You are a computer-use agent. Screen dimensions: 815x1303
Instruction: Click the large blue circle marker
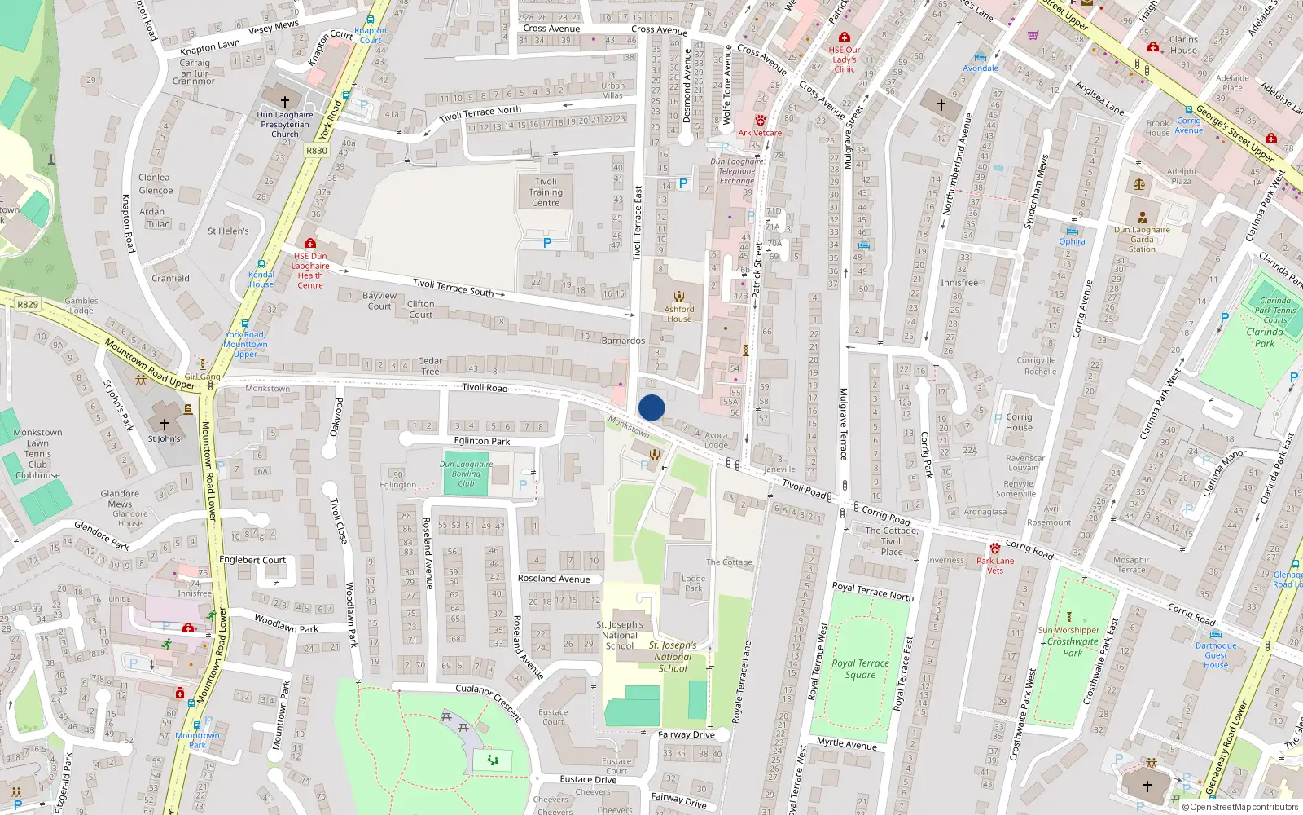click(x=651, y=407)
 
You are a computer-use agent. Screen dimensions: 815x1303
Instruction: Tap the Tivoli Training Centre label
click(x=546, y=192)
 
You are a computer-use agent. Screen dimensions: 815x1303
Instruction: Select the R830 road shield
click(x=317, y=151)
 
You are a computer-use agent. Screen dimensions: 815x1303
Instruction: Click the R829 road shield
click(x=27, y=305)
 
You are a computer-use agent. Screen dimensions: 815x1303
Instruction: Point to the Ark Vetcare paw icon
click(x=761, y=121)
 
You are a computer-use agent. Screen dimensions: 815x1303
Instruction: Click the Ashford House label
click(x=679, y=314)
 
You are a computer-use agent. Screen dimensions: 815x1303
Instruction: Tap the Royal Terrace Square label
click(x=860, y=669)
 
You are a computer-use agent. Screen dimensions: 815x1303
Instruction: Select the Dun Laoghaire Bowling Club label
click(x=466, y=474)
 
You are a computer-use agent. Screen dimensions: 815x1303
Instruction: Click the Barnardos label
click(x=623, y=341)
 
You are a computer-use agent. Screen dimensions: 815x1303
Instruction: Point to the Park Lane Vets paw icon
click(x=994, y=548)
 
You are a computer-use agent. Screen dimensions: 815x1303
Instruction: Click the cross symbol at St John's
click(x=165, y=425)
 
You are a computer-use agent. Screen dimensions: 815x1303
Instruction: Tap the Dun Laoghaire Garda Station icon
click(x=1143, y=218)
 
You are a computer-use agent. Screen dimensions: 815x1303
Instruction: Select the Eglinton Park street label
click(x=482, y=441)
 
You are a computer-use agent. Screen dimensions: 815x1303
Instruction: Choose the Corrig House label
click(x=1019, y=422)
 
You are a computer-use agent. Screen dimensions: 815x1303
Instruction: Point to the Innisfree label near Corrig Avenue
click(x=959, y=283)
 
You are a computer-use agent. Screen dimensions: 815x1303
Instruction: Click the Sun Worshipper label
click(x=1068, y=630)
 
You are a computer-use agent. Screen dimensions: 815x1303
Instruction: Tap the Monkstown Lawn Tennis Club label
click(x=37, y=454)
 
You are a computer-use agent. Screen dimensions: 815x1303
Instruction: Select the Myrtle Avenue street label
click(x=847, y=744)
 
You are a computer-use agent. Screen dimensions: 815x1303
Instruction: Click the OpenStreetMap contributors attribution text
click(x=1244, y=808)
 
